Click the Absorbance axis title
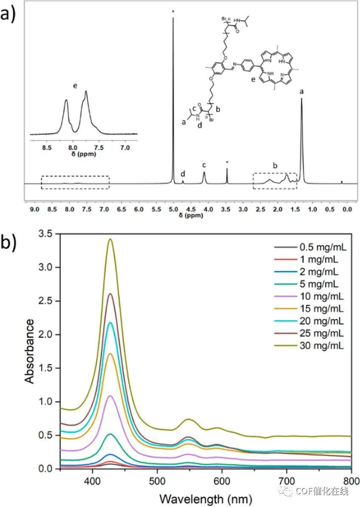click(29, 351)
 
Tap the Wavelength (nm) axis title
click(205, 497)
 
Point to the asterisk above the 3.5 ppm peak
click(227, 162)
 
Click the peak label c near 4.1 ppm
click(204, 165)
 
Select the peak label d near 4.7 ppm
click(183, 174)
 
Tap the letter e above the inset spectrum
click(75, 86)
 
